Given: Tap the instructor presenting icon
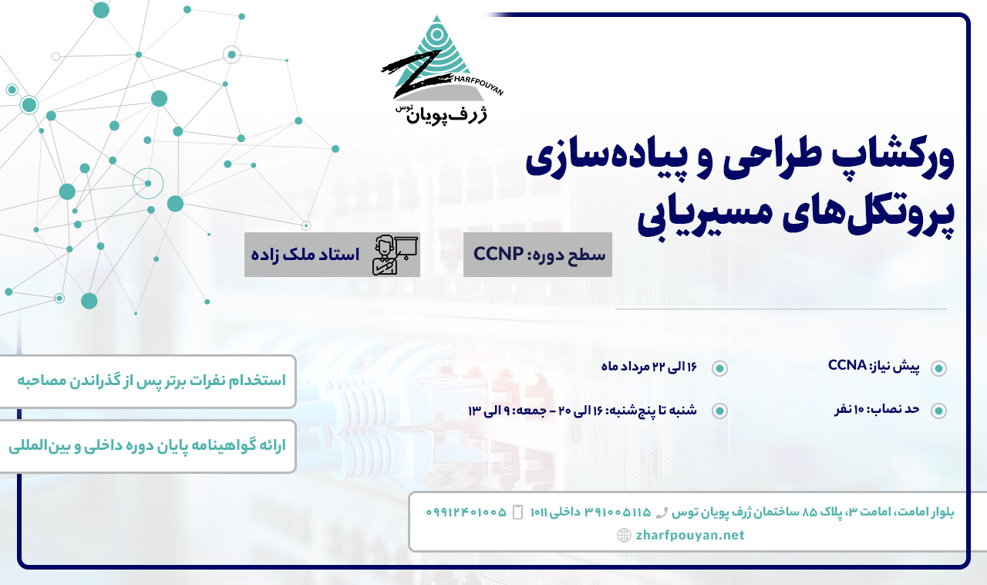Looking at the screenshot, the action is pyautogui.click(x=395, y=255).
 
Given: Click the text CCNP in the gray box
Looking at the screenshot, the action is pyautogui.click(x=498, y=254).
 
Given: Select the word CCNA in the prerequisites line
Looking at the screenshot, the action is pyautogui.click(x=847, y=365).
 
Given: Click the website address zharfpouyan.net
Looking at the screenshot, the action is pyautogui.click(x=690, y=535).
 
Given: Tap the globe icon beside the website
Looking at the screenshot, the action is pyautogui.click(x=624, y=535).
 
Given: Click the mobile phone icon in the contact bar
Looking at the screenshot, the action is pyautogui.click(x=518, y=512).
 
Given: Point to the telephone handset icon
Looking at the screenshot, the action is pyautogui.click(x=662, y=513).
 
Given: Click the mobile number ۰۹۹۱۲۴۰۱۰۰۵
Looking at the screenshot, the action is pyautogui.click(x=467, y=512).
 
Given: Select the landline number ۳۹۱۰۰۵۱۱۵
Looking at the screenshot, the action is pyautogui.click(x=618, y=512).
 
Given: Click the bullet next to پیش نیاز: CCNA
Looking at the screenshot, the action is pyautogui.click(x=938, y=368).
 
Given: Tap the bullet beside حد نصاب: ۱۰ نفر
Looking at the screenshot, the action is pyautogui.click(x=938, y=411).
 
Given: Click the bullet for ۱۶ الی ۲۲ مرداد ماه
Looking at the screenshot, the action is pyautogui.click(x=719, y=368).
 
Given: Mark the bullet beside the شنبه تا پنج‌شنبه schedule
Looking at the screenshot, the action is pyautogui.click(x=719, y=411).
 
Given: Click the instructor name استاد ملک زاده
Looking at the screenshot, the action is pyautogui.click(x=305, y=255).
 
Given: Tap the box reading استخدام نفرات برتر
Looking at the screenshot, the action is pyautogui.click(x=147, y=381).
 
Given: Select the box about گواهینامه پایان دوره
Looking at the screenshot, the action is pyautogui.click(x=147, y=447).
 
